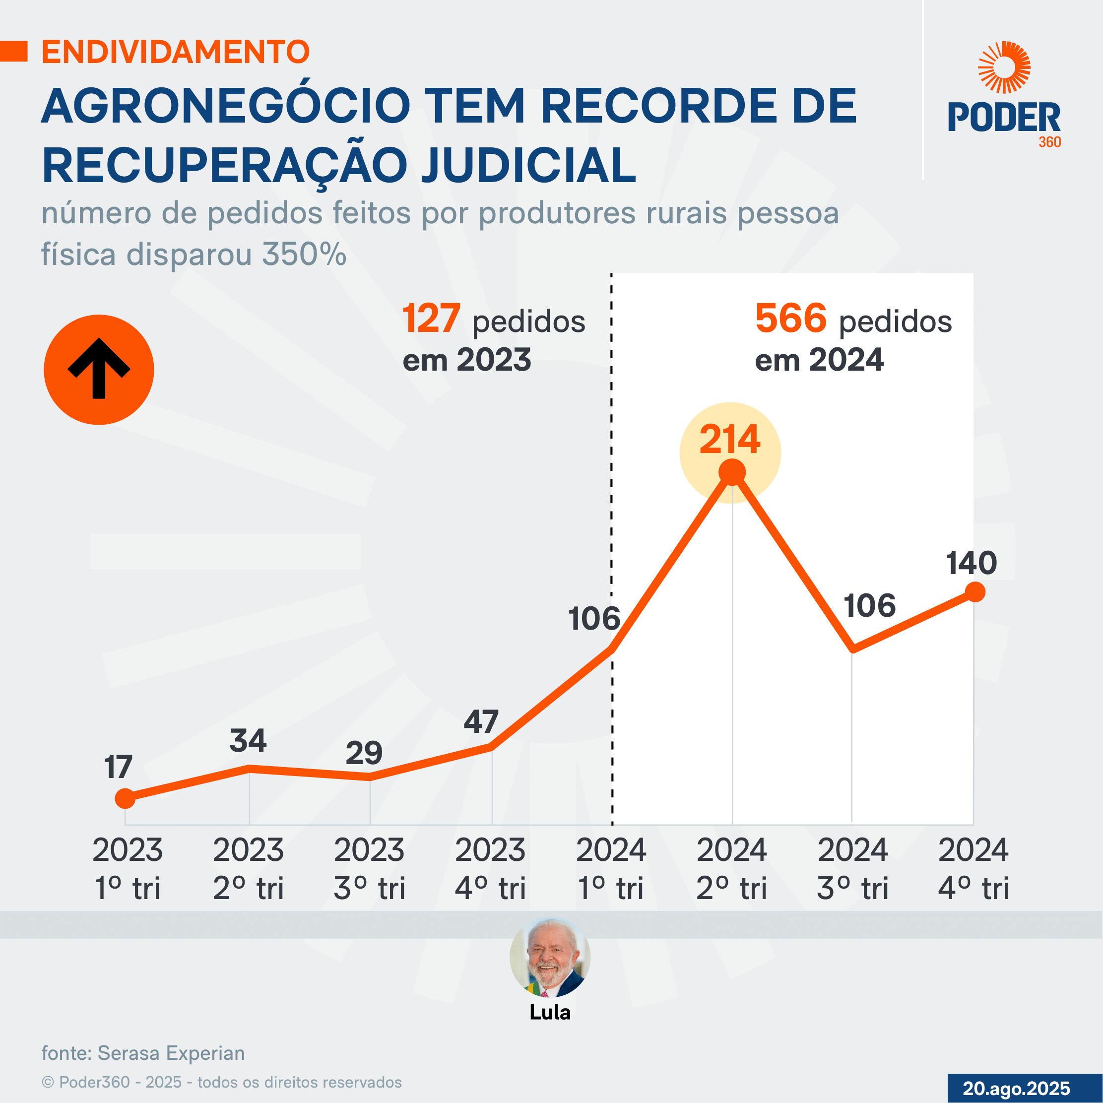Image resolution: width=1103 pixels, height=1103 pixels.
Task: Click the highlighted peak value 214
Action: pyautogui.click(x=729, y=440)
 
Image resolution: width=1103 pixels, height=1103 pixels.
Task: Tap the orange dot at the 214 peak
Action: pyautogui.click(x=732, y=473)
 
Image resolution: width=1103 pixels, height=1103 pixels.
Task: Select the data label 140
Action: pyautogui.click(x=971, y=564)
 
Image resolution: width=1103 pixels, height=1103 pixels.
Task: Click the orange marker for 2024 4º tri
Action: pyautogui.click(x=975, y=592)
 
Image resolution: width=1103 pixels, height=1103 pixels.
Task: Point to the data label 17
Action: pyautogui.click(x=118, y=767)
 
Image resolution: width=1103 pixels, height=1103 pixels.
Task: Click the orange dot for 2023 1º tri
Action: pyautogui.click(x=125, y=798)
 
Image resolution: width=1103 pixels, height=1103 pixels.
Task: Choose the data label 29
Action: pyautogui.click(x=364, y=753)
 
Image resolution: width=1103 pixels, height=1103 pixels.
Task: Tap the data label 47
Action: pyautogui.click(x=481, y=722)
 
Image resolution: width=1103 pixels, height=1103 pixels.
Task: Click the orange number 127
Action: pyautogui.click(x=431, y=319)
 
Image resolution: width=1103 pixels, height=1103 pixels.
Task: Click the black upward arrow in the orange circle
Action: pyautogui.click(x=99, y=369)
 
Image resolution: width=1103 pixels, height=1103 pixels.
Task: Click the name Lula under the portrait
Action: pyautogui.click(x=550, y=1012)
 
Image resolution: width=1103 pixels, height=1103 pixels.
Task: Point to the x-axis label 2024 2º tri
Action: pyautogui.click(x=731, y=868)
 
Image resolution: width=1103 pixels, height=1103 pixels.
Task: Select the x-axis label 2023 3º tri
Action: pyautogui.click(x=369, y=868)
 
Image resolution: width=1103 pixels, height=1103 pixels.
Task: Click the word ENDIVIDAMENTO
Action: pyautogui.click(x=176, y=52)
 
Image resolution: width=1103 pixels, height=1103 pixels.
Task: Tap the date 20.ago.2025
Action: pyautogui.click(x=1016, y=1088)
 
